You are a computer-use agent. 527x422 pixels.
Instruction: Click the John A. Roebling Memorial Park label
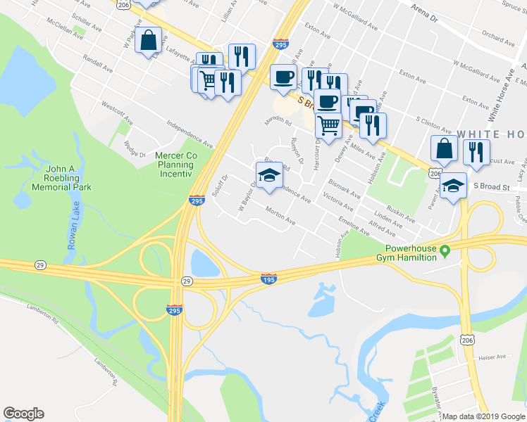coord(68,179)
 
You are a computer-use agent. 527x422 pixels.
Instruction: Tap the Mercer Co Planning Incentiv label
coord(181,165)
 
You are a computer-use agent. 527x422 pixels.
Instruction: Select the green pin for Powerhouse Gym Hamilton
coord(445,250)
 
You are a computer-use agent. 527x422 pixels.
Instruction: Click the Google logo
coord(23,414)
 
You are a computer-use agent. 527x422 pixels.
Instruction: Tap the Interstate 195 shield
coord(268,279)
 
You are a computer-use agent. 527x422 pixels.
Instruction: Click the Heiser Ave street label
coord(492,357)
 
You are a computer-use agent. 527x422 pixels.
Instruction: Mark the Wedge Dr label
coord(134,148)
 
